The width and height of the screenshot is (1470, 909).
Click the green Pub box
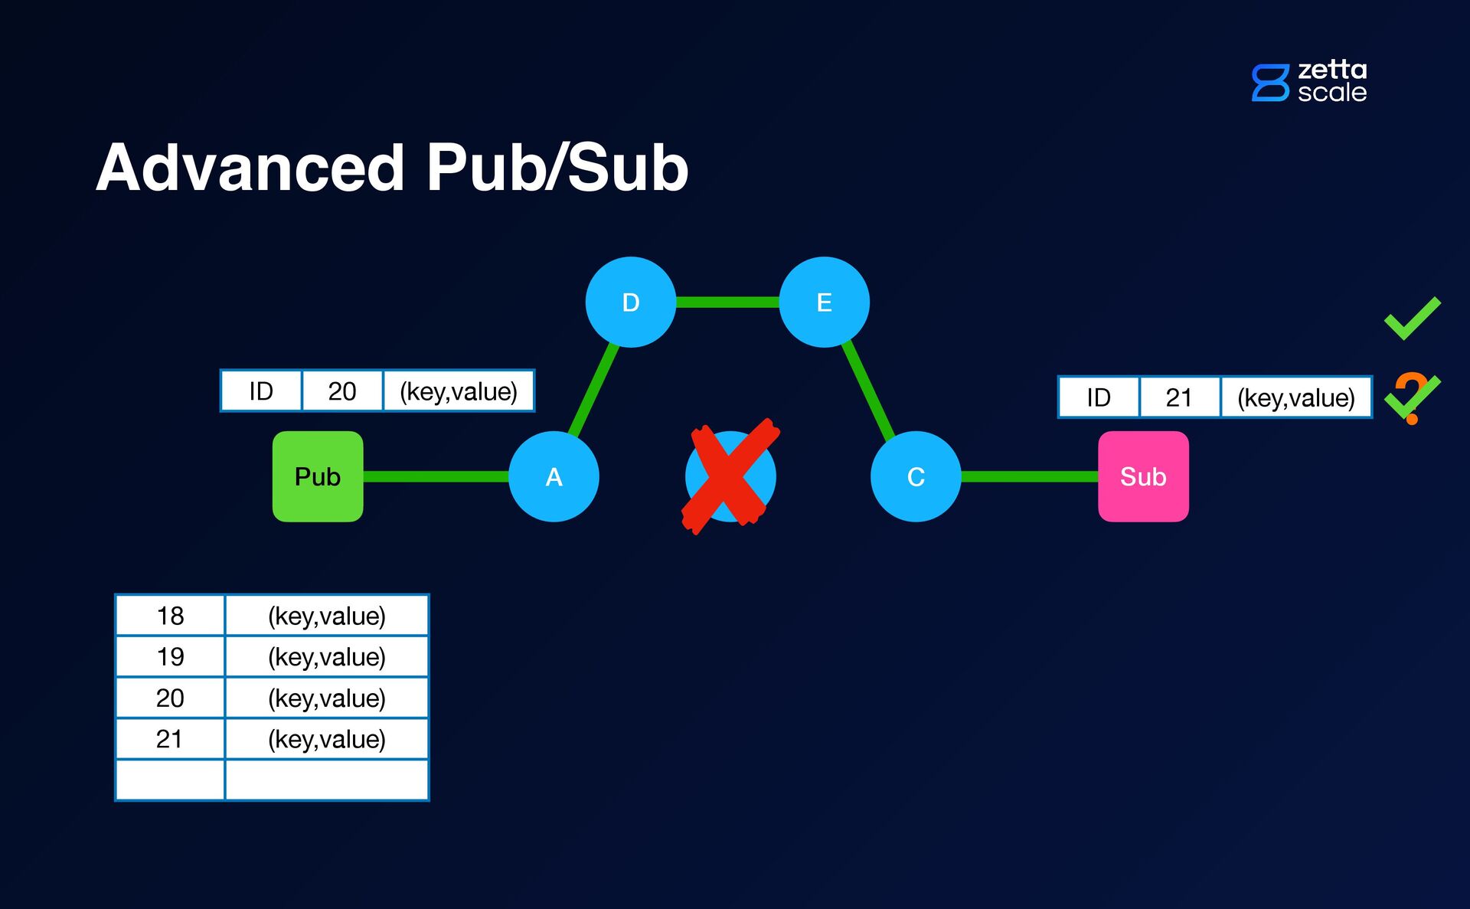318,476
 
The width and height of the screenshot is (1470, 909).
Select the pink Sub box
1143,476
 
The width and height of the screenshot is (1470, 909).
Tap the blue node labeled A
554,476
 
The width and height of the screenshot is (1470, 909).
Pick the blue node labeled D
631,302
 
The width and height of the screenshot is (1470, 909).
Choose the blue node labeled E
825,302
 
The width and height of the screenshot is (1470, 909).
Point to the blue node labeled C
916,476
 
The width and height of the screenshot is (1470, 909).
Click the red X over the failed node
730,476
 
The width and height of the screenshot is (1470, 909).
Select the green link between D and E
727,302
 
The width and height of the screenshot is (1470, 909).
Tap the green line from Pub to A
436,476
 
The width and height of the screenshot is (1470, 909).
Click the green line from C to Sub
1030,476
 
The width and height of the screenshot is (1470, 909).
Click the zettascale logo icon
1271,83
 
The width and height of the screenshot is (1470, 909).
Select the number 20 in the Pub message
342,391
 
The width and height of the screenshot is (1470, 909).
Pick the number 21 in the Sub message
1179,397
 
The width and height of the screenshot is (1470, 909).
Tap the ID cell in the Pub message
261,391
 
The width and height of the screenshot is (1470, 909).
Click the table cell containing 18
170,616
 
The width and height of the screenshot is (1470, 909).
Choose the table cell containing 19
170,656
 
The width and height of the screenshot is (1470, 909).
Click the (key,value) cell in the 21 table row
327,739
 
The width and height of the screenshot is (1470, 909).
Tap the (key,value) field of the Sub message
1296,397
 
